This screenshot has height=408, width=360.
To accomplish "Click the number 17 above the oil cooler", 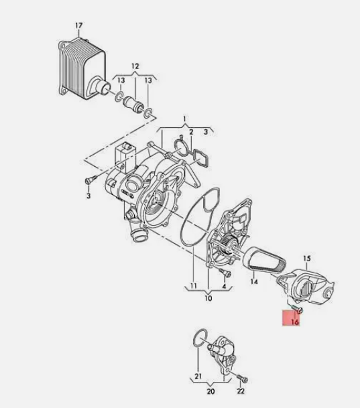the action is [x=79, y=25].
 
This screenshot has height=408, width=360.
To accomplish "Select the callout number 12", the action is [x=135, y=66].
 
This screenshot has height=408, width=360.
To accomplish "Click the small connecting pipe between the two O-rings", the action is [x=133, y=104].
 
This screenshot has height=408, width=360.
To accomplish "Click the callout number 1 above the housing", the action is [x=184, y=119].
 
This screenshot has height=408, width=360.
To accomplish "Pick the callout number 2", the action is [x=191, y=132].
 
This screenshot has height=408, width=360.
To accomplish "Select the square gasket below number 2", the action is [x=200, y=158].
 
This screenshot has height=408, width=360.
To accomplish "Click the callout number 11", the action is [x=193, y=285].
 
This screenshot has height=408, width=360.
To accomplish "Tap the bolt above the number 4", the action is [x=225, y=272].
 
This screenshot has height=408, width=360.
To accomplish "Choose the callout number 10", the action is [x=208, y=298].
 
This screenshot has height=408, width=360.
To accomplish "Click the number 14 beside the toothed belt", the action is [x=254, y=281].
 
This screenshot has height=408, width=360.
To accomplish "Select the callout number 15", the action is [x=307, y=259].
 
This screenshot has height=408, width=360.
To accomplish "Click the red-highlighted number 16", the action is [x=295, y=322].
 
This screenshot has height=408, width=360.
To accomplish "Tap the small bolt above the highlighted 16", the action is [x=298, y=309].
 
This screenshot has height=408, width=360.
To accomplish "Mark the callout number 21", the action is [x=198, y=376].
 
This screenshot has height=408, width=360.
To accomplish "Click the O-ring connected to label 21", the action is [x=200, y=338].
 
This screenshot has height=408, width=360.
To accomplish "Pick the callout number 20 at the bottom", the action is [x=211, y=391].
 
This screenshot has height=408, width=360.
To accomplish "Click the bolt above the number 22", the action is [x=242, y=379].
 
